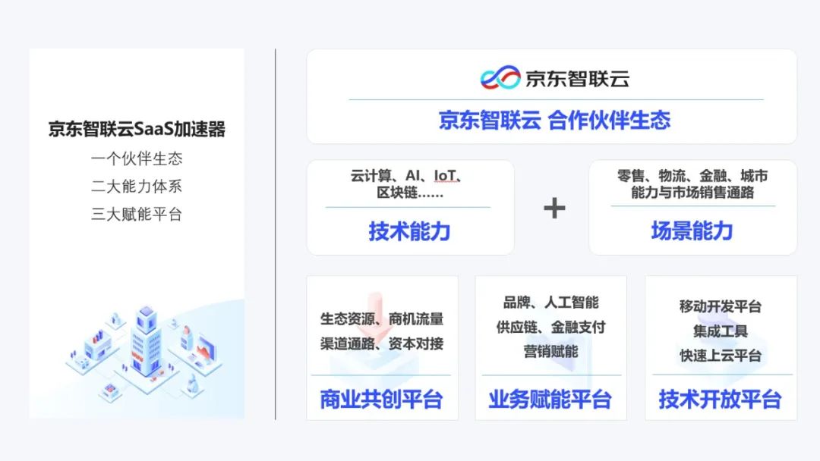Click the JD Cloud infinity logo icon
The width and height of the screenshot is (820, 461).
coord(500,78)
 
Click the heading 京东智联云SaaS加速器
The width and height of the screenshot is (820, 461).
coord(137,129)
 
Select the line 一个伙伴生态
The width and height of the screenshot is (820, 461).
coord(137,159)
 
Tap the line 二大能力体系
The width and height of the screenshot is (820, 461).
coord(137,187)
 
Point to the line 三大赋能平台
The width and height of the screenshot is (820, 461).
coord(137,214)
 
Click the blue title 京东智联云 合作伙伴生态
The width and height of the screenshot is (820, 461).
coord(554,121)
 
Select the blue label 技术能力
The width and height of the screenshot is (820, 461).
coord(410,230)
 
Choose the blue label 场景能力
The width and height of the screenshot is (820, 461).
coord(692,230)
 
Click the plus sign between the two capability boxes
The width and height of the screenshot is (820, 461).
coord(554,208)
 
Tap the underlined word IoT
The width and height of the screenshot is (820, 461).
coord(446,176)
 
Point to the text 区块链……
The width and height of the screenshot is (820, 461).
coord(410,193)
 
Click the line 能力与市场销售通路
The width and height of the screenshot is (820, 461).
coord(692,193)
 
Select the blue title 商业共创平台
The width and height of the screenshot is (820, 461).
coord(381,400)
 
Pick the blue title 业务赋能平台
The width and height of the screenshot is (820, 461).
coord(550,400)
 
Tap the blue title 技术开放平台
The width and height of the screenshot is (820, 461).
coord(720,400)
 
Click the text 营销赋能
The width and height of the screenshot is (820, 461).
coord(550,351)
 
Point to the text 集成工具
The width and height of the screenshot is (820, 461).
coord(720,331)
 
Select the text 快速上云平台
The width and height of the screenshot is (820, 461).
coord(720,356)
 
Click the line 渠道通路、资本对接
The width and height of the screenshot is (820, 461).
coord(381,343)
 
